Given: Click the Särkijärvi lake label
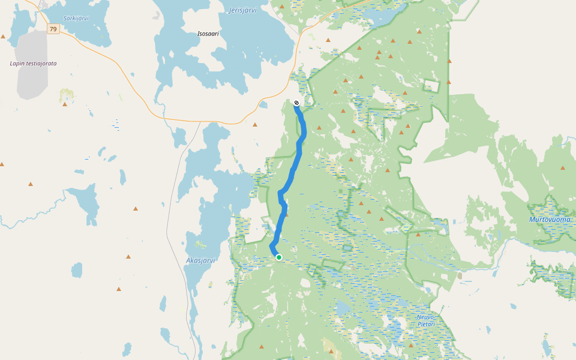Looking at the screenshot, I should click(76, 18).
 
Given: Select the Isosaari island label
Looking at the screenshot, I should click(208, 34).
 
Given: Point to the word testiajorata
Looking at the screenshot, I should click(42, 63).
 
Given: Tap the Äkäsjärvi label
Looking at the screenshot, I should click(200, 260).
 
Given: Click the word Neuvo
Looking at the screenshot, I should click(426, 316).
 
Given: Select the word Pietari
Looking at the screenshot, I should click(425, 324).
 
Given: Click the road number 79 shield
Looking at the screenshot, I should click(53, 29).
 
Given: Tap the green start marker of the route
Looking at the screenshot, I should click(279, 257).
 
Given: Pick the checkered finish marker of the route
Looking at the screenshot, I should click(296, 103).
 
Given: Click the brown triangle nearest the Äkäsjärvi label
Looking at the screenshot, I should click(128, 257).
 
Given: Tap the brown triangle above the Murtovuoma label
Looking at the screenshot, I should click(563, 168).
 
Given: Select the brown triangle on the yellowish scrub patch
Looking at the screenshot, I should click(65, 104).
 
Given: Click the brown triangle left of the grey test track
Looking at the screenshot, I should click(3, 37).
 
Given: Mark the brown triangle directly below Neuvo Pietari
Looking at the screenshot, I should click(411, 345).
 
